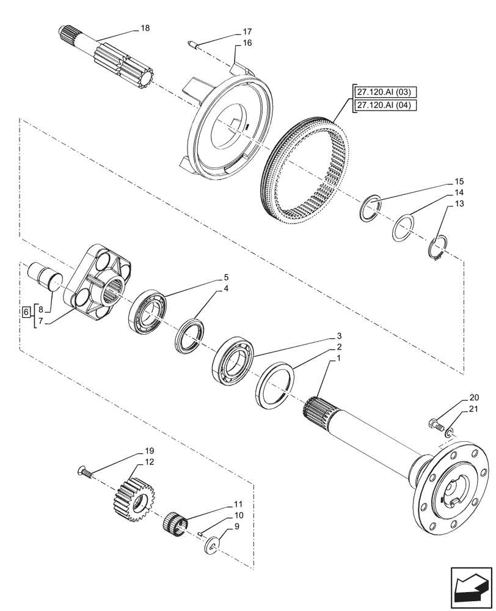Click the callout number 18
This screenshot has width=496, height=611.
[145, 28]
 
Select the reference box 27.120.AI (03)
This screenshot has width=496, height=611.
[384, 92]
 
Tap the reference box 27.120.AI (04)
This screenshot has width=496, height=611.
[384, 104]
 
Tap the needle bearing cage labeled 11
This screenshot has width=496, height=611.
[176, 523]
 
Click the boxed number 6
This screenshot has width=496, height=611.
[25, 312]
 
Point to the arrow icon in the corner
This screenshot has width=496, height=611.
[470, 588]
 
